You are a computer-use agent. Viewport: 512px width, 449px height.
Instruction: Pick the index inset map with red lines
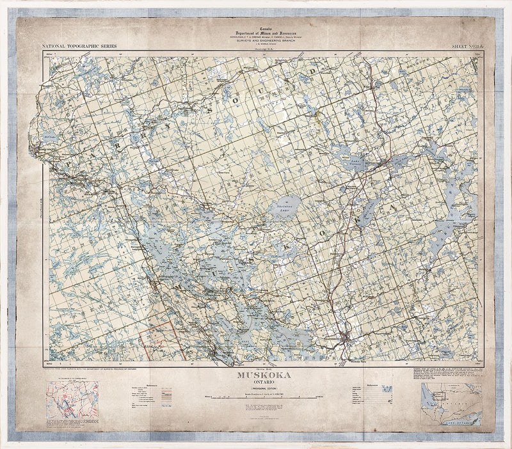(72, 400)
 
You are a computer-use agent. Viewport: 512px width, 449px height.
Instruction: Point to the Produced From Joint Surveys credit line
(90, 369)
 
